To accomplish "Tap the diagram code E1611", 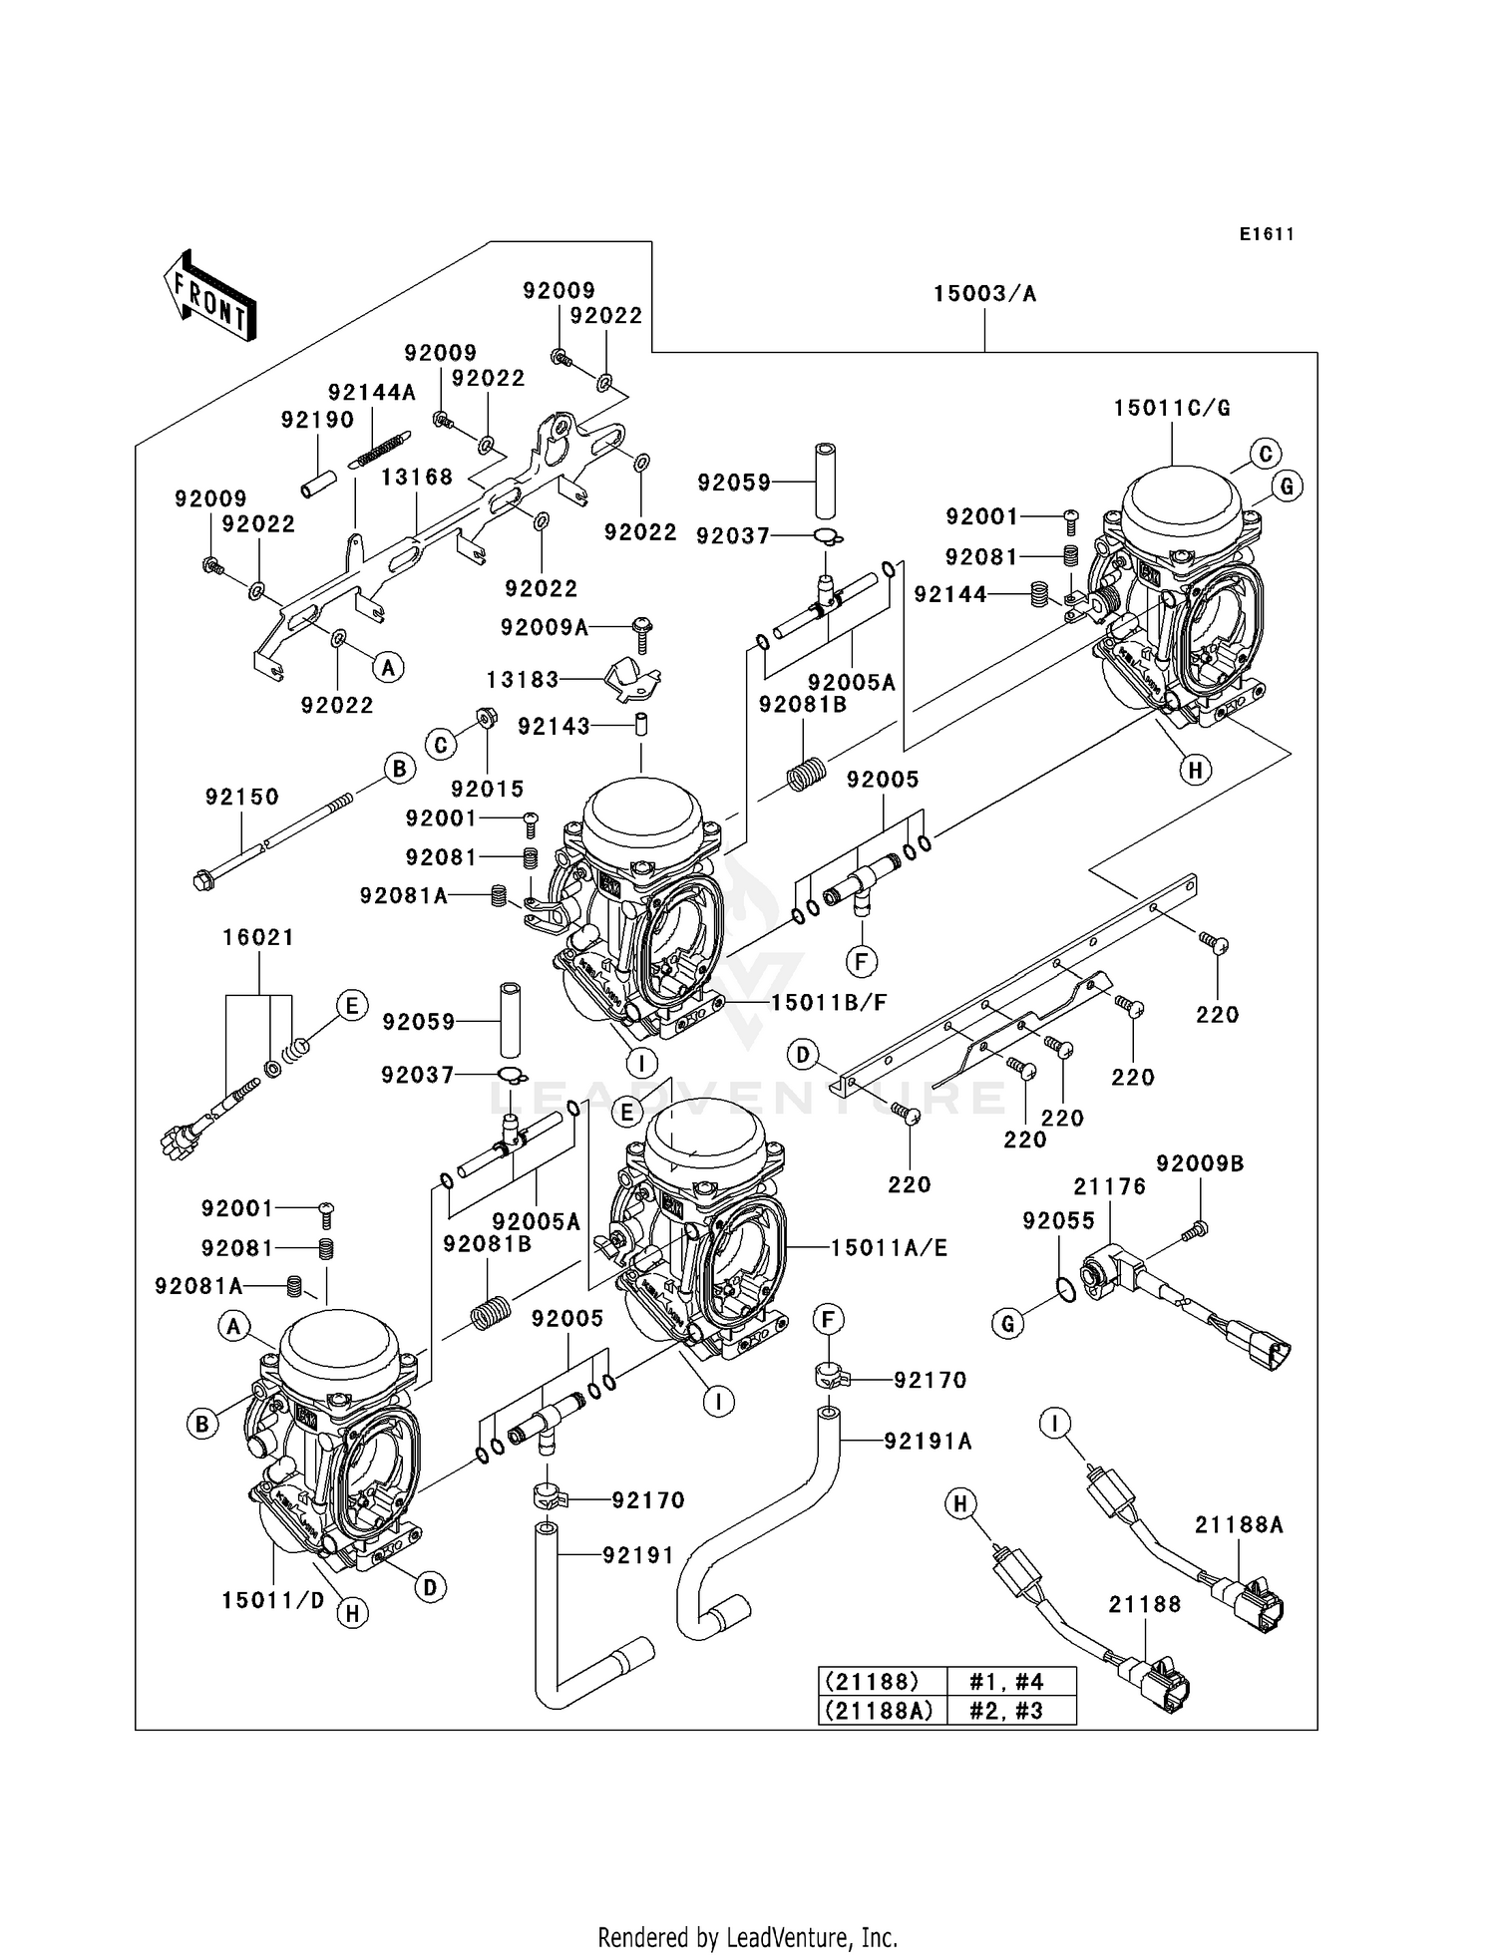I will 1267,234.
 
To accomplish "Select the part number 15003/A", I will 984,294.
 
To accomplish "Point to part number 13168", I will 417,478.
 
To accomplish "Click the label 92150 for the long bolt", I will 242,797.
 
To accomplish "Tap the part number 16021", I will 258,937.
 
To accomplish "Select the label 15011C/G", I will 1172,408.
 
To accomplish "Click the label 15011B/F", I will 828,1002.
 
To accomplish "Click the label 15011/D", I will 273,1601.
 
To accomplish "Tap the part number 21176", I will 1109,1186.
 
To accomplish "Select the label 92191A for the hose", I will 928,1441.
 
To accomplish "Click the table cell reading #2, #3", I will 1006,1711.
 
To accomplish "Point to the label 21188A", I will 1239,1524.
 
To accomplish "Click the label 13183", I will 523,680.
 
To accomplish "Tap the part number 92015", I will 487,789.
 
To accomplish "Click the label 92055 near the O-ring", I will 1058,1221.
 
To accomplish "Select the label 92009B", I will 1200,1163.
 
